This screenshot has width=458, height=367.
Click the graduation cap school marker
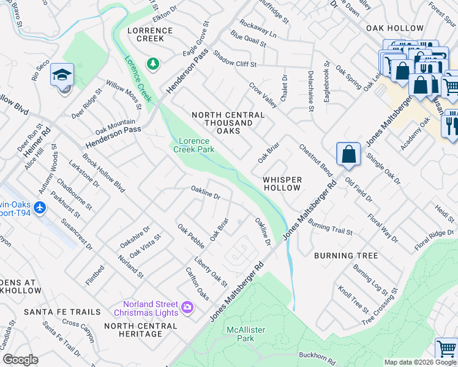tap(62, 75)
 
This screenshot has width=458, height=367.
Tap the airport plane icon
tap(40, 208)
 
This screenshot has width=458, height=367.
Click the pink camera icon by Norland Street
tap(188, 306)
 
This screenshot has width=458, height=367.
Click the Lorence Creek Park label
tap(193, 145)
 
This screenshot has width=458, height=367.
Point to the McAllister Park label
tap(240, 334)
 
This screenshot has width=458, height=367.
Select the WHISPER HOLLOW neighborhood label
tap(282, 183)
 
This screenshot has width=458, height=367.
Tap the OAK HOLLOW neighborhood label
tap(395, 28)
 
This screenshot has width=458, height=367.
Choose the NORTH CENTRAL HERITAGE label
tap(141, 330)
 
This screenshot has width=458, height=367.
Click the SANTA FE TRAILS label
tap(62, 312)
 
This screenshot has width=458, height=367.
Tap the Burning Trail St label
tap(331, 227)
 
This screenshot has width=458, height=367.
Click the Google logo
tap(20, 360)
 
